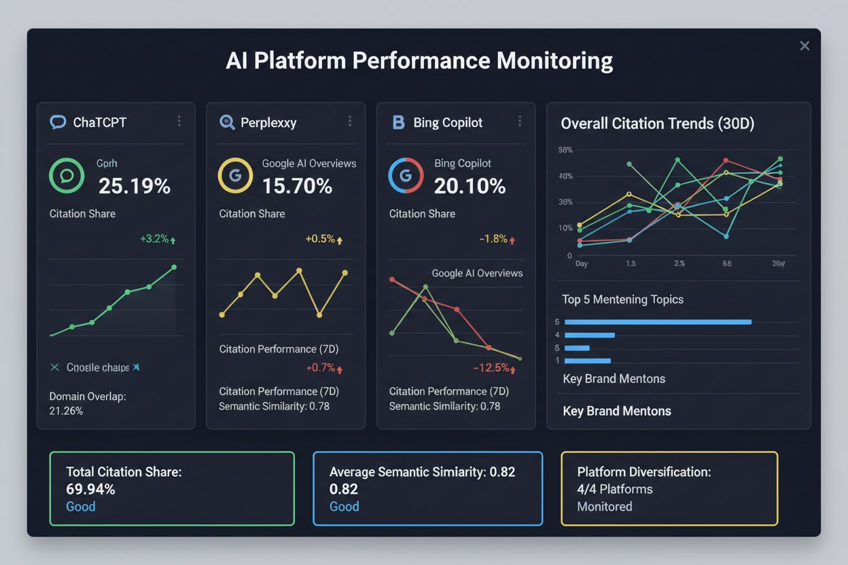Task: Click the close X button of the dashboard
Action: coord(805,46)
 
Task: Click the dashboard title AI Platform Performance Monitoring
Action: coord(419,60)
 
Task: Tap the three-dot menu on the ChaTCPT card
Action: coord(179,121)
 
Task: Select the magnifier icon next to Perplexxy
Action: coord(227,122)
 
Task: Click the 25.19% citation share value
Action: coord(135,185)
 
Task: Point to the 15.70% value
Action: coord(297,185)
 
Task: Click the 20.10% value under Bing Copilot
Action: coord(470,185)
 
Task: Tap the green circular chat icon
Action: coord(67,176)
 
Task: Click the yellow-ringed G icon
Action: coord(235,176)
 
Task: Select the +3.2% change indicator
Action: coord(158,239)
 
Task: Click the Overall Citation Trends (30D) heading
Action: coord(657,124)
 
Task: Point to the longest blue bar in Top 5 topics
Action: coord(658,322)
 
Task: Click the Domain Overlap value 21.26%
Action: coord(67,411)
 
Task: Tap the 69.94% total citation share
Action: coord(90,489)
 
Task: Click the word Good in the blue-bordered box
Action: coord(344,507)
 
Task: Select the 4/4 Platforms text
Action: coord(614,489)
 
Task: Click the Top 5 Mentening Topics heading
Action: coord(622,299)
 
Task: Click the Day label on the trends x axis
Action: coord(582,263)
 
